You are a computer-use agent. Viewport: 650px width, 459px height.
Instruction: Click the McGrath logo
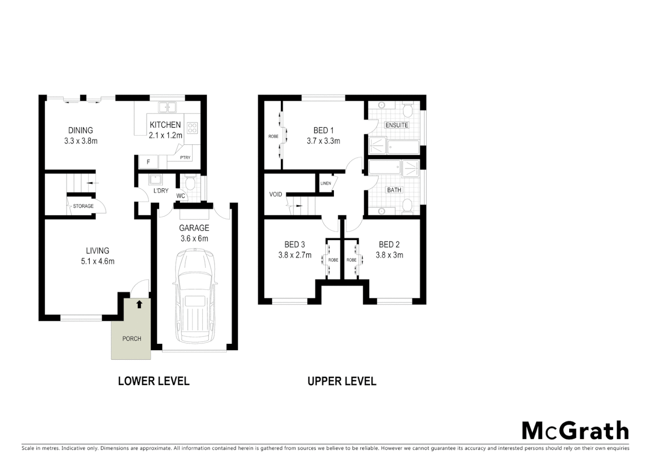point(575,431)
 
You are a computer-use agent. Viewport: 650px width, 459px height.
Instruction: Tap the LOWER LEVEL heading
point(154,381)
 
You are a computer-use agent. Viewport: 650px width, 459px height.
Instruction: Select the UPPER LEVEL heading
point(342,381)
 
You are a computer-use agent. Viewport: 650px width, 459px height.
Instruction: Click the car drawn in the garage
point(195,297)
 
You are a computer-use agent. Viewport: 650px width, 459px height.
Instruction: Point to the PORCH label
point(131,339)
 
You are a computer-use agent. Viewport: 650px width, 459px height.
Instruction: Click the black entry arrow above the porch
point(139,304)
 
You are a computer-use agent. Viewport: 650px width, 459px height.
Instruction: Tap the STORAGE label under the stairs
point(83,206)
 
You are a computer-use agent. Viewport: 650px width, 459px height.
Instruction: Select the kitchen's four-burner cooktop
point(192,127)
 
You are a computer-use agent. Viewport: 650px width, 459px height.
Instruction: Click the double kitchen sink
point(168,107)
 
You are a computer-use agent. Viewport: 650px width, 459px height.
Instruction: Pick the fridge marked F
point(148,162)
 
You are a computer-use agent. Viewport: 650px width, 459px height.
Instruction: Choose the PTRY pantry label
point(185,158)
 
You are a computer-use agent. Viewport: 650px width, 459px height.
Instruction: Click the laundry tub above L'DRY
point(155,180)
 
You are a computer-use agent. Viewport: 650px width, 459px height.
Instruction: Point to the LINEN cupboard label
point(325,184)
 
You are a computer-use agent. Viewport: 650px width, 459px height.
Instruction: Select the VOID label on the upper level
point(276,194)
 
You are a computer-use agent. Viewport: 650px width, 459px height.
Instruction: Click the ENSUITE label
point(396,125)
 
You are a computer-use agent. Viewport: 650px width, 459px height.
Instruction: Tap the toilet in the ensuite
point(408,110)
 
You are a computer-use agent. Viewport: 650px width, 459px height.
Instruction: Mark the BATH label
point(394,190)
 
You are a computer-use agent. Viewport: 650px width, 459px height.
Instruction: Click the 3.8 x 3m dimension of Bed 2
point(389,255)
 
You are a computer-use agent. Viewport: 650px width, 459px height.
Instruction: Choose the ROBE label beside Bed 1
point(273,136)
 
